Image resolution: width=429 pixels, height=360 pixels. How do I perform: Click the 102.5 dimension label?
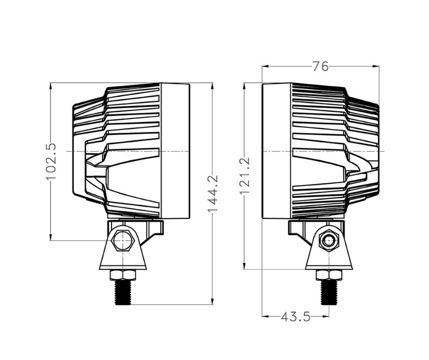click(51, 162)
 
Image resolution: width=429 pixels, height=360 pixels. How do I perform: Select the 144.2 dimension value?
click(213, 193)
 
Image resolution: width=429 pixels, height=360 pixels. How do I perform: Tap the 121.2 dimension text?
click(245, 175)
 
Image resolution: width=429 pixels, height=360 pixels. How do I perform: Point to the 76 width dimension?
click(320, 66)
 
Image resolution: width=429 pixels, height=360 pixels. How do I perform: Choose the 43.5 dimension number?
click(295, 317)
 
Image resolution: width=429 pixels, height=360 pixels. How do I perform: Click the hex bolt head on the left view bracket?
click(123, 240)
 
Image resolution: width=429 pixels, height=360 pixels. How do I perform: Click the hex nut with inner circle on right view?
click(329, 241)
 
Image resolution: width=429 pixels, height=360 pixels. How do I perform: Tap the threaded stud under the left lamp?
click(123, 292)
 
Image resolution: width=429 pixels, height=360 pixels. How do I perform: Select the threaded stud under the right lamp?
click(329, 292)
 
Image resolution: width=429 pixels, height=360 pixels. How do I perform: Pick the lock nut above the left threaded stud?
click(123, 275)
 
